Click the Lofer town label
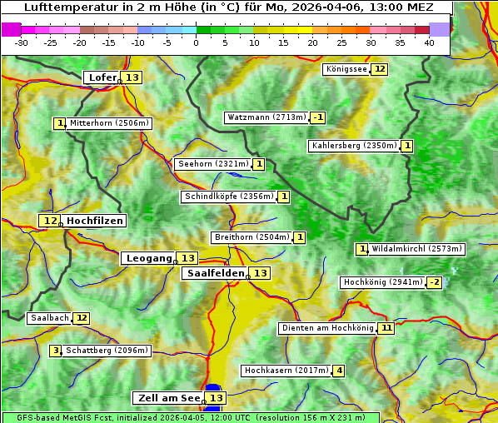102,77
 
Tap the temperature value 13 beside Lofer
132,77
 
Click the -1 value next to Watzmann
318,117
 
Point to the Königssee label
346,69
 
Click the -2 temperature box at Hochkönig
434,282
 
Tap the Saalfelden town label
216,273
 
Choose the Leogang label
148,258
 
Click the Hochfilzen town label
95,221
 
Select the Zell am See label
168,398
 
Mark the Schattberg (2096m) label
107,351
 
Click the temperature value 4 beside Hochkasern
338,371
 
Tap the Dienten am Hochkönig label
326,328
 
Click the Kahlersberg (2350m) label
354,146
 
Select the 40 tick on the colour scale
429,42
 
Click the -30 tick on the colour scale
22,42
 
